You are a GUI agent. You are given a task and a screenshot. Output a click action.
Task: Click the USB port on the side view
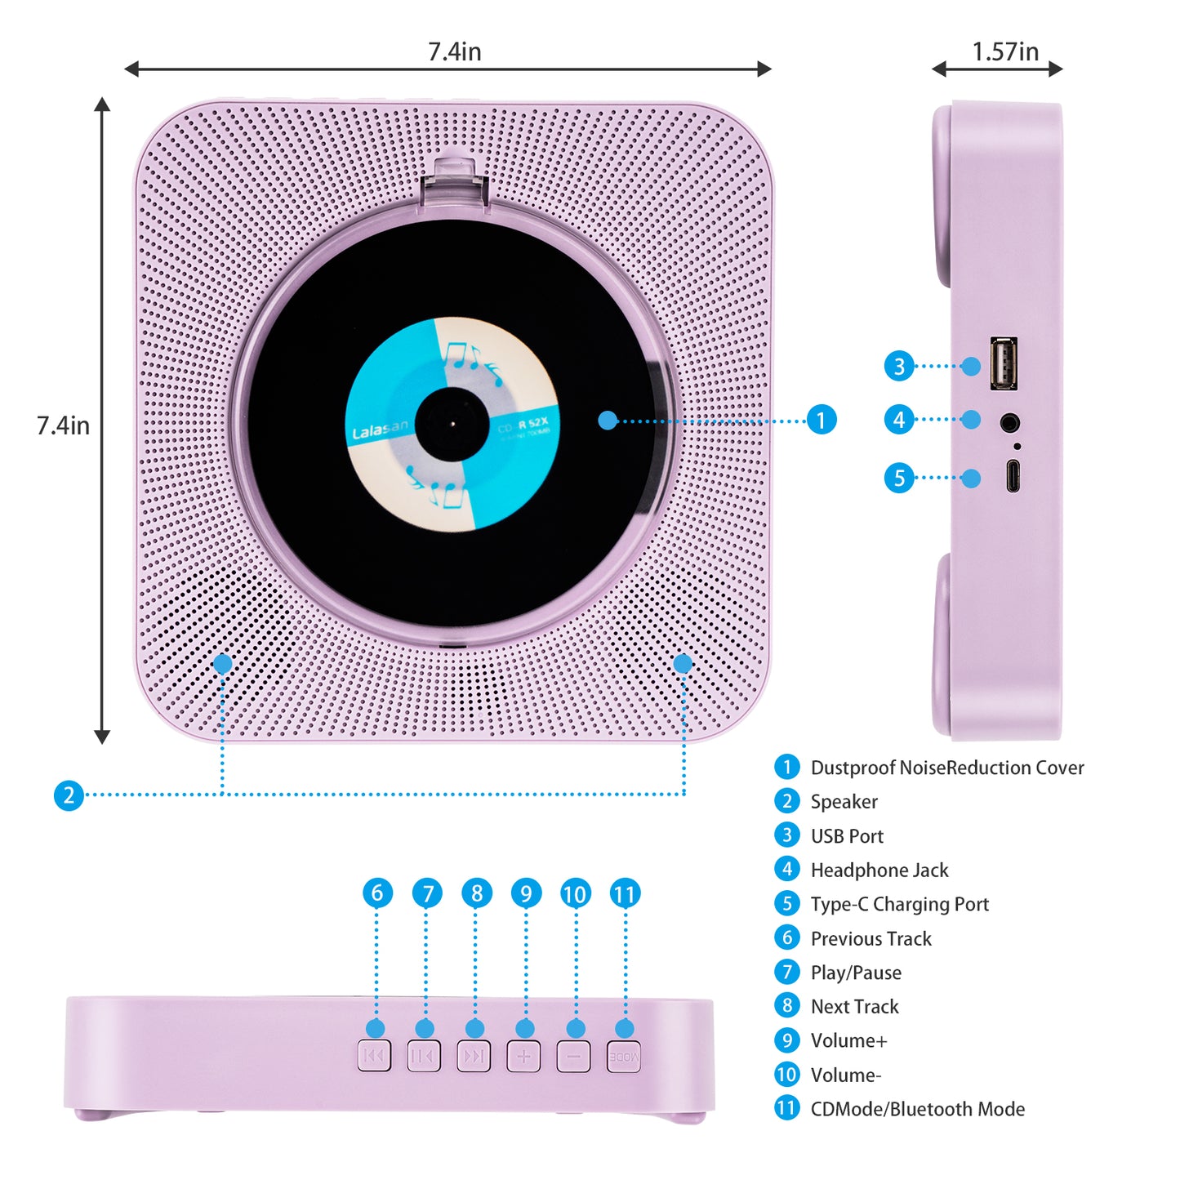click(x=1004, y=363)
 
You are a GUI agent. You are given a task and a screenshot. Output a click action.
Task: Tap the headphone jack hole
click(x=1010, y=422)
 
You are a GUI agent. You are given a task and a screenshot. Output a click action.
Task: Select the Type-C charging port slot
click(x=1013, y=476)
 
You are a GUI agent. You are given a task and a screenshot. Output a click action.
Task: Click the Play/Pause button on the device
click(x=424, y=1056)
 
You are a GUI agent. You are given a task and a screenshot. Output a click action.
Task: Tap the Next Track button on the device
click(x=474, y=1056)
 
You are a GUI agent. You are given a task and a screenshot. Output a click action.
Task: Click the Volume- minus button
click(x=573, y=1056)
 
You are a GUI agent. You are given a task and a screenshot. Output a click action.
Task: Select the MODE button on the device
click(x=624, y=1056)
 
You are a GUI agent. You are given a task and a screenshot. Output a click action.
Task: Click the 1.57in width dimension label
click(x=1005, y=51)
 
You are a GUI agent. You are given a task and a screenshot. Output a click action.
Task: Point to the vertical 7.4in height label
click(x=63, y=425)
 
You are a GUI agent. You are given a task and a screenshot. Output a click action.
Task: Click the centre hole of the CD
click(x=452, y=424)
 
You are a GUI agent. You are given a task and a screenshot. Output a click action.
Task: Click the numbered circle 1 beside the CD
click(x=822, y=420)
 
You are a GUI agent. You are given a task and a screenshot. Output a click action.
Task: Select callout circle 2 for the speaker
click(x=69, y=795)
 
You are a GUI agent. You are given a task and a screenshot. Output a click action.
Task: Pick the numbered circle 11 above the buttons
click(x=625, y=893)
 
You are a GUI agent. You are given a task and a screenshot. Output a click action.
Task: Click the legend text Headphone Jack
click(x=879, y=871)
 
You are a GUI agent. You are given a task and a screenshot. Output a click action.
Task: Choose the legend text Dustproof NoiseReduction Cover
click(x=947, y=768)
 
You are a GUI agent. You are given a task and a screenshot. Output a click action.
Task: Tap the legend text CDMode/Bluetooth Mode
click(x=917, y=1109)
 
